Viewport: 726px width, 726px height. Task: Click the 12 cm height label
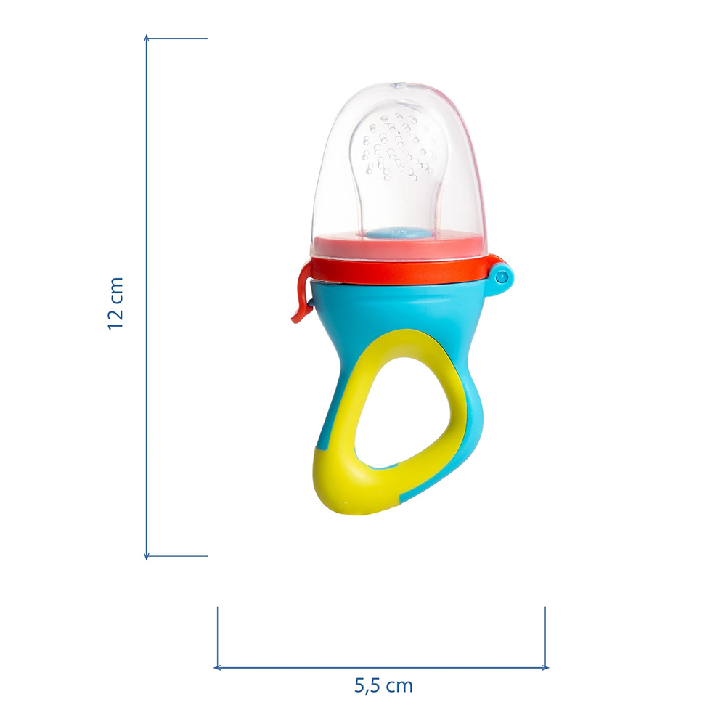coord(115,303)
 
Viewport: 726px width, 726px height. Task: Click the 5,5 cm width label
coord(383,686)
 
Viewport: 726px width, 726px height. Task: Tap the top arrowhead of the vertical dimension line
coord(147,37)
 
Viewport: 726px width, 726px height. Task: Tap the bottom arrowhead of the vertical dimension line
coord(147,557)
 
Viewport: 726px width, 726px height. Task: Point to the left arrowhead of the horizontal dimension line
coord(216,668)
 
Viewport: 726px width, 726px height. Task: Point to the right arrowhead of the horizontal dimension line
coord(545,668)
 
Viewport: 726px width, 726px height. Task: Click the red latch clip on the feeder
coord(301,294)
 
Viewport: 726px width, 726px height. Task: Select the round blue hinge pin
coord(501,277)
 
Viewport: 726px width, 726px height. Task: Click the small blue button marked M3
coord(397,233)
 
